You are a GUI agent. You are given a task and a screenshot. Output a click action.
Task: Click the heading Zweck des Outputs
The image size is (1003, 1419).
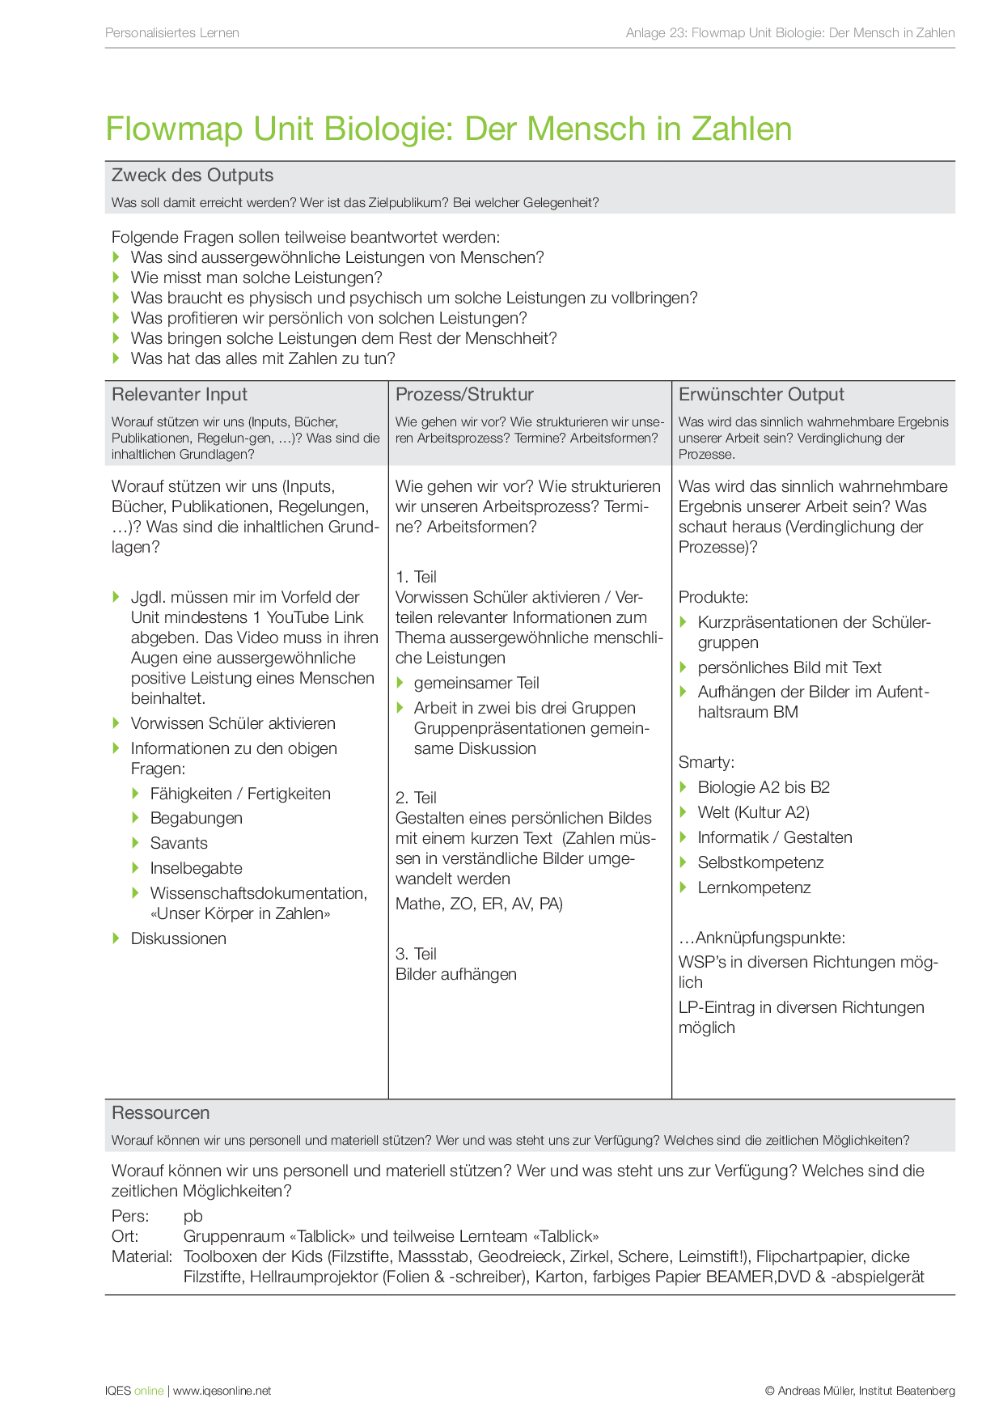tap(193, 176)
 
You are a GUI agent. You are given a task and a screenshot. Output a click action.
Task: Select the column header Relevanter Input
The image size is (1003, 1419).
tap(180, 395)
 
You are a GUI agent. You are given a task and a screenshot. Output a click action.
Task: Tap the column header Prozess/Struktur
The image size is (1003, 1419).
tap(464, 395)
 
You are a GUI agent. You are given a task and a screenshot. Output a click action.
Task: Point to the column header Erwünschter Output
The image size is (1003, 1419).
tap(761, 395)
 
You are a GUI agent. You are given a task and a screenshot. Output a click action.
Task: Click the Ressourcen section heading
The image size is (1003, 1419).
tap(160, 1113)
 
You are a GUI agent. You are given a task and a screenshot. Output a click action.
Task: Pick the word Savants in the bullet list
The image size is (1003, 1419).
tap(179, 843)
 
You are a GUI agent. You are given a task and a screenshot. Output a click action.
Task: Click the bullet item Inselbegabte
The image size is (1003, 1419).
tap(196, 868)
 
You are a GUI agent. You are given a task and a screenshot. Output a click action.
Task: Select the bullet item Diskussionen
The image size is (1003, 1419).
tap(179, 938)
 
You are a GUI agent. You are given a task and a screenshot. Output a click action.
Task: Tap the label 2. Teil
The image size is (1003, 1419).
tap(416, 798)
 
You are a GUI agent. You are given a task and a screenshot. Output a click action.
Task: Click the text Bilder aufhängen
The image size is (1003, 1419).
tap(456, 974)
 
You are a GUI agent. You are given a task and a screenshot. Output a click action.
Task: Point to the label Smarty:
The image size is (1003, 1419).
tap(706, 762)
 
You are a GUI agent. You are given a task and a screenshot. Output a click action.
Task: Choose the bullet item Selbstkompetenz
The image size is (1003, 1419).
tap(760, 862)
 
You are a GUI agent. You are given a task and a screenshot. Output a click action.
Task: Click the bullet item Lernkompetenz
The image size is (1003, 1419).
tap(754, 887)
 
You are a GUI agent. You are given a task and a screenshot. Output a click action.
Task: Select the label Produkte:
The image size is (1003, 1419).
tap(713, 597)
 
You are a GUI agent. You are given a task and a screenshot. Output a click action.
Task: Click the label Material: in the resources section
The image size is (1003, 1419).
tap(142, 1256)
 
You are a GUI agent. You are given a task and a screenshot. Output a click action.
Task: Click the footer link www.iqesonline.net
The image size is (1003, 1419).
tap(222, 1391)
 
